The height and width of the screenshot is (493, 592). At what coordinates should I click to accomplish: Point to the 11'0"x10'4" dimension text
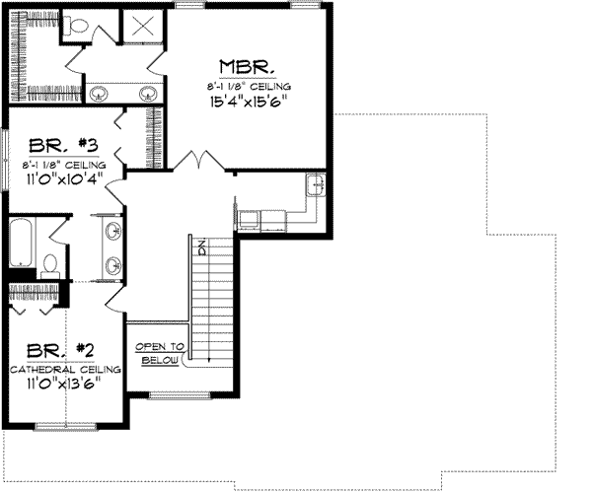click(60, 178)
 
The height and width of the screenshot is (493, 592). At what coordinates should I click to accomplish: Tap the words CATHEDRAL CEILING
click(65, 368)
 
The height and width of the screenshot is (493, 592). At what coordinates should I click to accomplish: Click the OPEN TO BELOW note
click(159, 354)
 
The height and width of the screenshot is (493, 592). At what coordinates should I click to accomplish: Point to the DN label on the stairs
click(199, 248)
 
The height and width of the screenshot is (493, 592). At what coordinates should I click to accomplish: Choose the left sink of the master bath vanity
click(100, 94)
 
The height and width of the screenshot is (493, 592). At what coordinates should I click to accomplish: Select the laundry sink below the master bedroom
click(315, 185)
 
